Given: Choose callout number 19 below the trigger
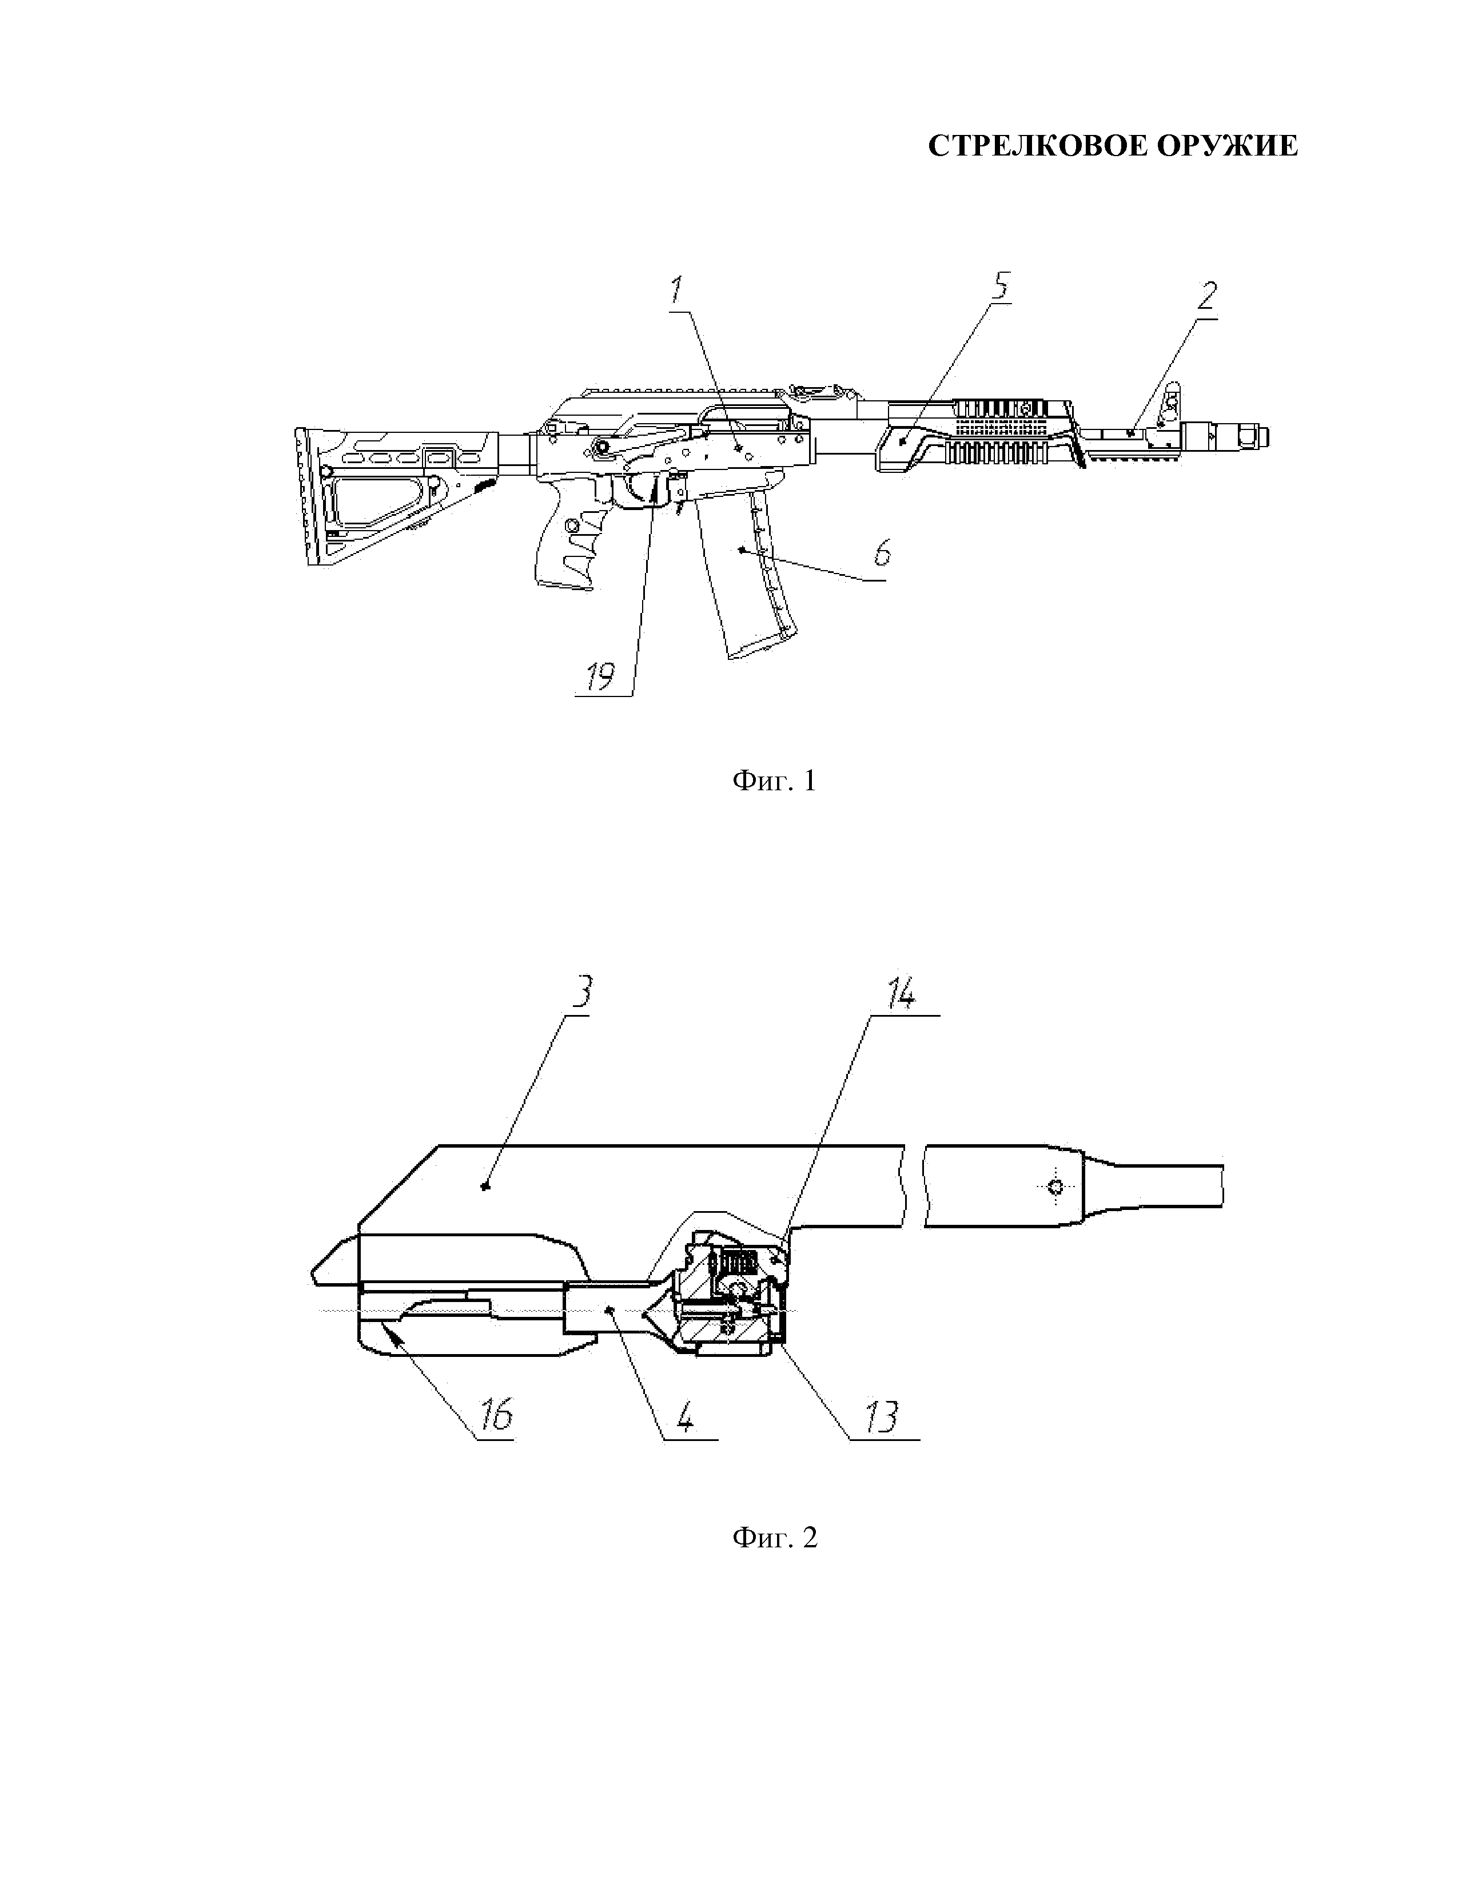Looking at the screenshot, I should (x=600, y=676).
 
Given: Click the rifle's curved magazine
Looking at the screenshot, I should (x=750, y=570).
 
